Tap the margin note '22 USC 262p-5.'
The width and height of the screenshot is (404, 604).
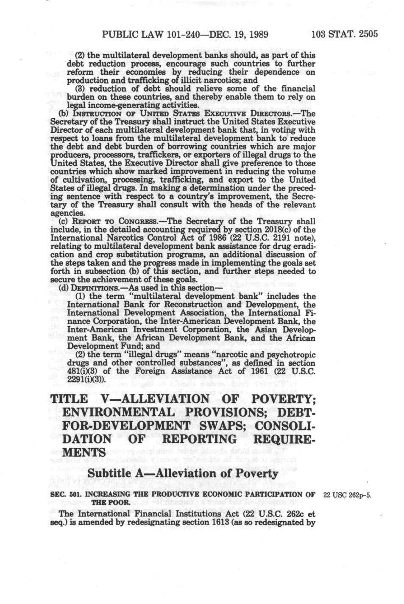click(x=347, y=495)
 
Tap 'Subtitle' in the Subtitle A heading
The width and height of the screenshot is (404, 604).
click(x=111, y=474)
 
